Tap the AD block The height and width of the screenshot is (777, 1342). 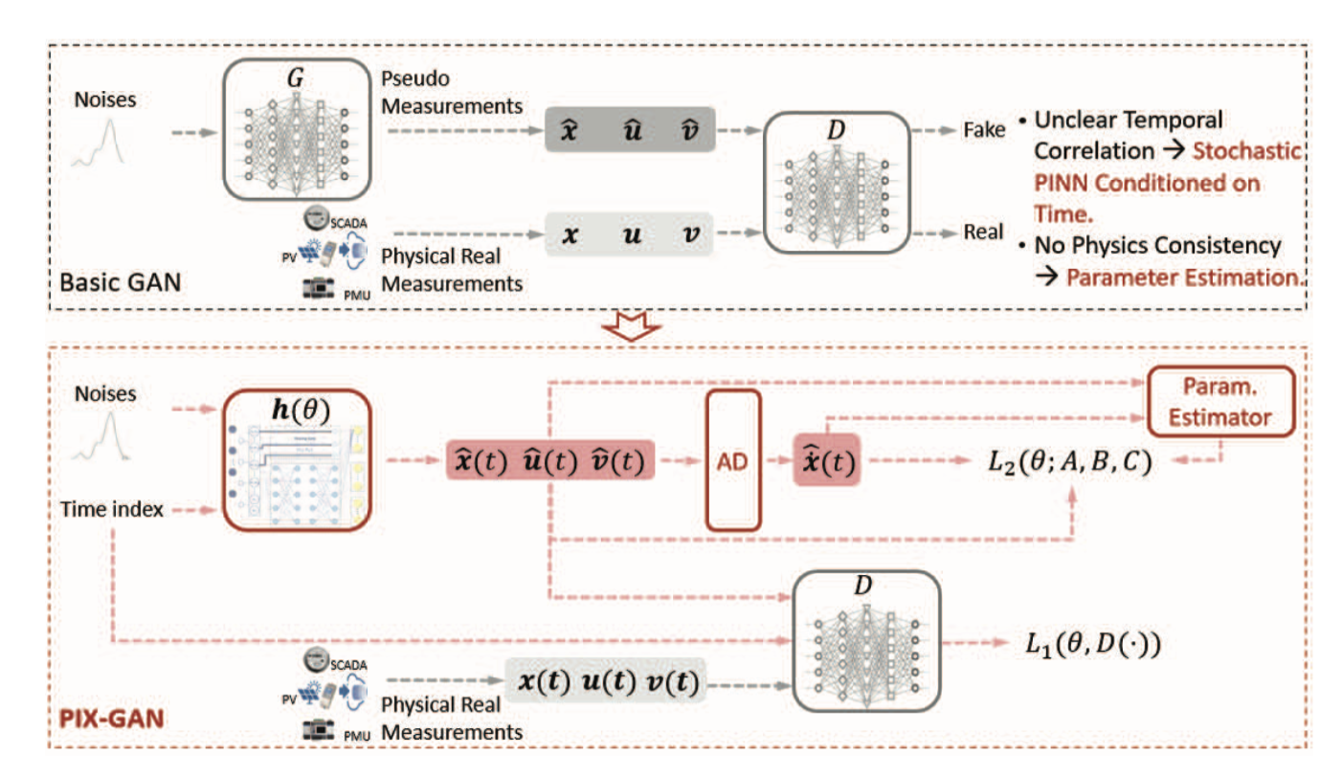732,459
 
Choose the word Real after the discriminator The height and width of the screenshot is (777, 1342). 982,232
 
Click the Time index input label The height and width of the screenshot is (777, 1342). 113,510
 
